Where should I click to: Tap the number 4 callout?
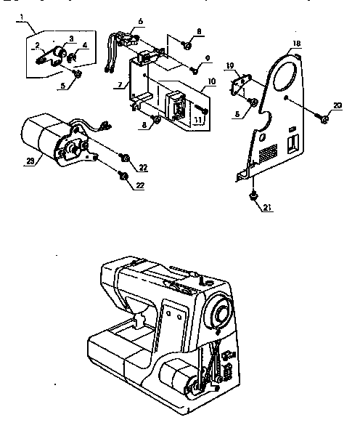84,45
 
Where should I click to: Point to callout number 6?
141,21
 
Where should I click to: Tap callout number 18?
296,44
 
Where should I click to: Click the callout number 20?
336,107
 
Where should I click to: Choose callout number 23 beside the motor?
28,161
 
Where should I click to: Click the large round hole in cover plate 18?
287,73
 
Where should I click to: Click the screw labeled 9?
194,70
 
